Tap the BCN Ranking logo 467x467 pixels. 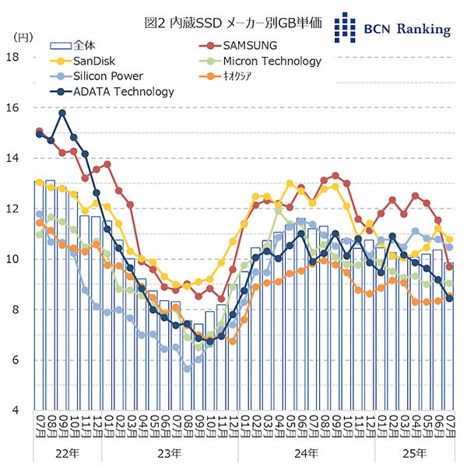point(392,27)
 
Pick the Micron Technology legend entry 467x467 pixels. point(272,61)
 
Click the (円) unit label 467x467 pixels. point(21,37)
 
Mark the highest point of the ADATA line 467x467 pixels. point(62,113)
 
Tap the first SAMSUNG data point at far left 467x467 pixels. point(40,132)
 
